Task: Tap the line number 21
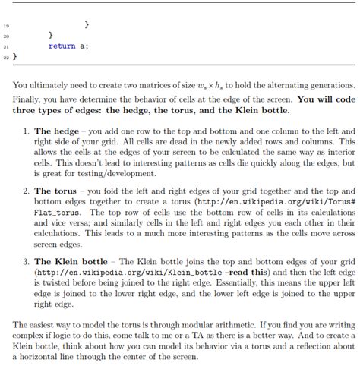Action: (6, 46)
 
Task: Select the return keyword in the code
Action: (61, 46)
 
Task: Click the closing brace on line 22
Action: (14, 56)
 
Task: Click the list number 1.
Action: (26, 131)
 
